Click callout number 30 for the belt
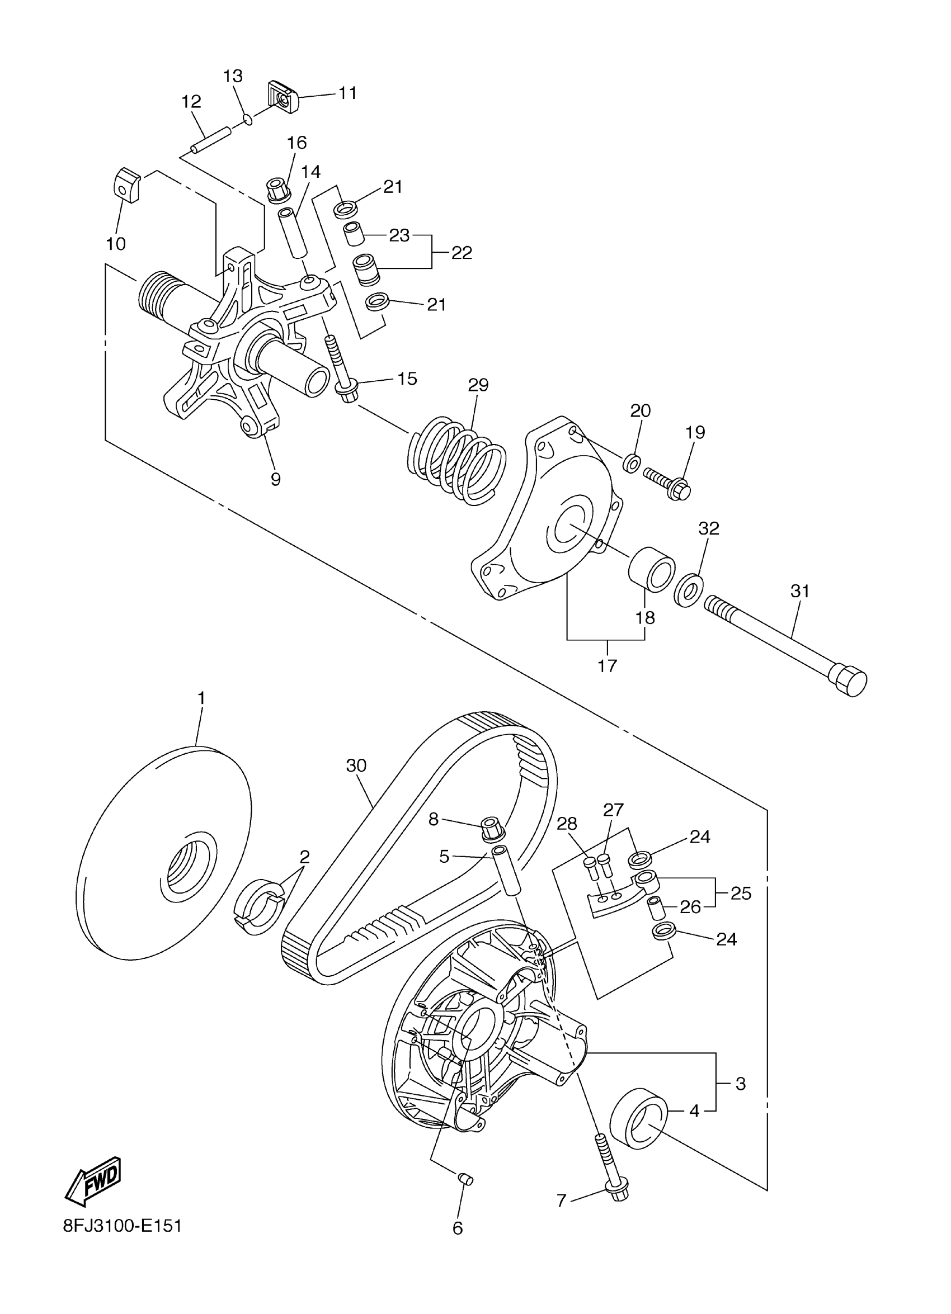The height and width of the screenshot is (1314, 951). pyautogui.click(x=356, y=766)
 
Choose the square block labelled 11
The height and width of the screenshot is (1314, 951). pyautogui.click(x=284, y=98)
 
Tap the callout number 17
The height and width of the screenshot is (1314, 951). pyautogui.click(x=608, y=666)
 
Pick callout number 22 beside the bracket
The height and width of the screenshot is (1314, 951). pyautogui.click(x=462, y=253)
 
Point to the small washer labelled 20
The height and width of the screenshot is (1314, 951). pyautogui.click(x=632, y=463)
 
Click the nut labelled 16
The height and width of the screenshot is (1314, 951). pyautogui.click(x=277, y=190)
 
